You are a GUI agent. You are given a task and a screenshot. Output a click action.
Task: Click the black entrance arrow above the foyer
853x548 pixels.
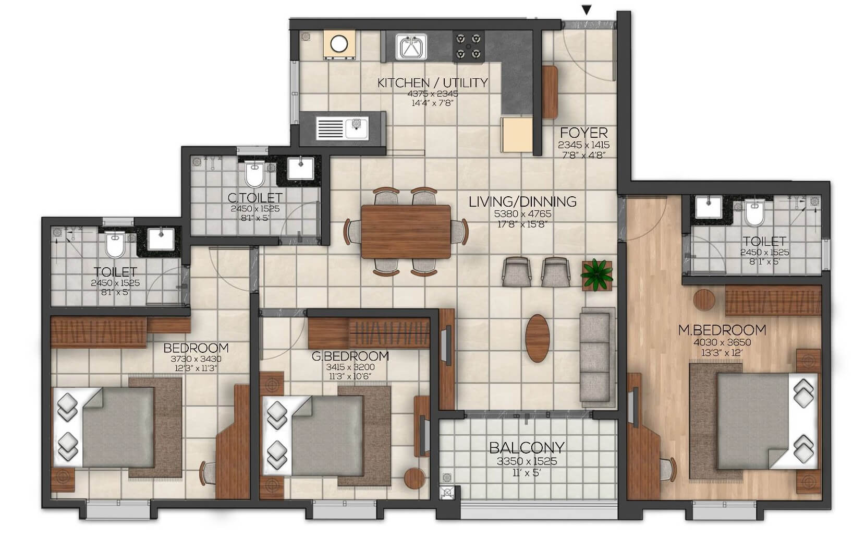pyautogui.click(x=587, y=9)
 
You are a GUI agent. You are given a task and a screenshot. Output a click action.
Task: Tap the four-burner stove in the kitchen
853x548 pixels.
pyautogui.click(x=468, y=45)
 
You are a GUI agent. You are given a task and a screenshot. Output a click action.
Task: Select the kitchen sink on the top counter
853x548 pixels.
pyautogui.click(x=411, y=47)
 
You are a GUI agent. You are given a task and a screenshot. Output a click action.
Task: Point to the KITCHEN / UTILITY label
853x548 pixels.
pyautogui.click(x=432, y=82)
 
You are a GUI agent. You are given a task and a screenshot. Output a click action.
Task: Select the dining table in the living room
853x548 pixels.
pyautogui.click(x=406, y=231)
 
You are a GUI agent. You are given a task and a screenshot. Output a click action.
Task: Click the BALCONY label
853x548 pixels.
pyautogui.click(x=527, y=447)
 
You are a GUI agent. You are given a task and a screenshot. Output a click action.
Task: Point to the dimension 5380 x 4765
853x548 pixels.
pyautogui.click(x=522, y=214)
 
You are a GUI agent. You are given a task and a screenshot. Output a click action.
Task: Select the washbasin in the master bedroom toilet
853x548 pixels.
pyautogui.click(x=708, y=208)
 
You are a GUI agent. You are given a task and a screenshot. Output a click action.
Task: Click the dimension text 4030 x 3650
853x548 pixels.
pyautogui.click(x=722, y=342)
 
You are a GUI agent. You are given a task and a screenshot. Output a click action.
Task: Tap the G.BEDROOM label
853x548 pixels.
pyautogui.click(x=350, y=356)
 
